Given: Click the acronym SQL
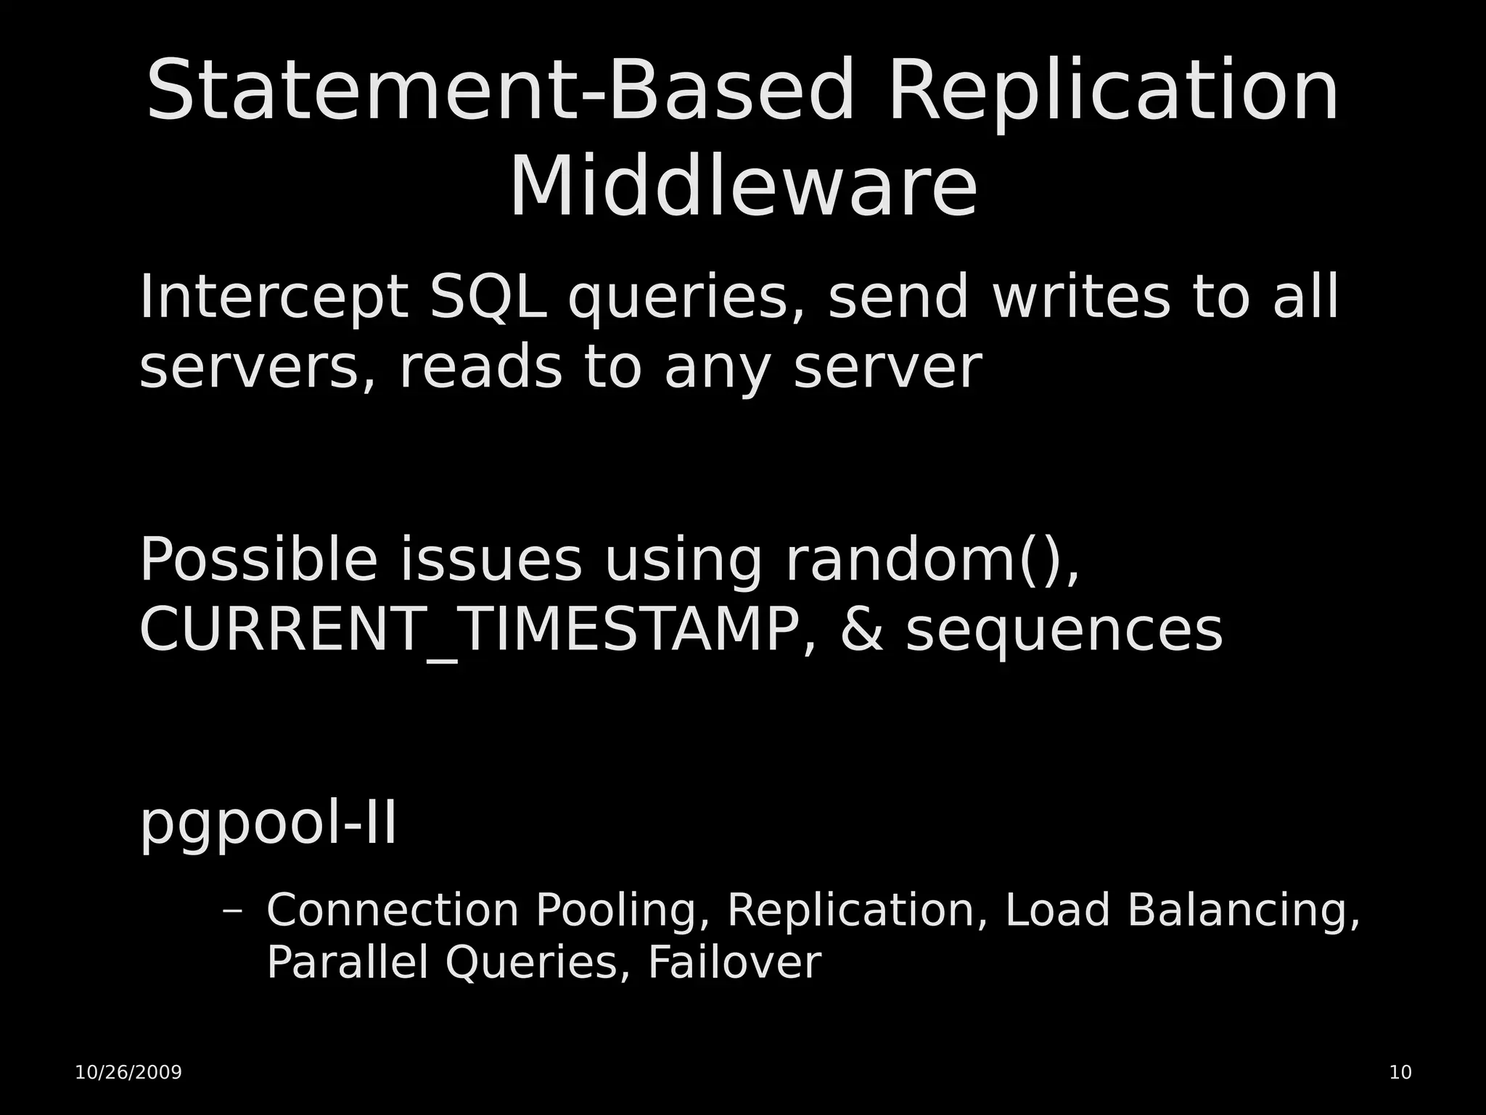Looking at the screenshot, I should click(488, 297).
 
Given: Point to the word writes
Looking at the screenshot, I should click(1080, 297).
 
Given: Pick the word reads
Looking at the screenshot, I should click(480, 367).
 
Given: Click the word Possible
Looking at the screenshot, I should click(258, 559).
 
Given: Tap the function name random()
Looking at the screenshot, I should click(932, 559).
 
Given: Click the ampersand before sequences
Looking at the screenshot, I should click(862, 630).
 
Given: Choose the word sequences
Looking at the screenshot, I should click(1064, 630).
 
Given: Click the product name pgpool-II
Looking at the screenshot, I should click(268, 823).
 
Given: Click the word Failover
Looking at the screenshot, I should click(734, 963).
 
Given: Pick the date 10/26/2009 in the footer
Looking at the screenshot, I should click(128, 1072).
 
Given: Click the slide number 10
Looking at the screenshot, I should click(1400, 1072).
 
